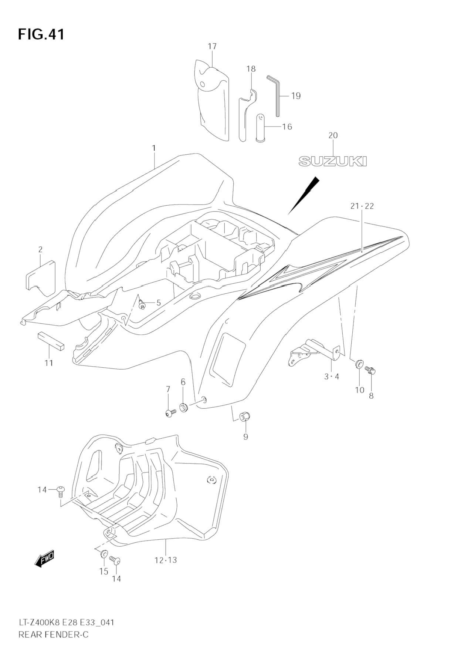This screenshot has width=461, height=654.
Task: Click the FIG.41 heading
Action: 41,34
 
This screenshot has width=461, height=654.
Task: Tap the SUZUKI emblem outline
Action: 332,161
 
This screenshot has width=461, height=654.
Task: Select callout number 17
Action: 212,47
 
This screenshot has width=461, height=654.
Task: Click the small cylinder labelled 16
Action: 261,127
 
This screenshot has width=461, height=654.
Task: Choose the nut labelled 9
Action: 244,417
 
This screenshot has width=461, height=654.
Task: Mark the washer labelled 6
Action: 183,408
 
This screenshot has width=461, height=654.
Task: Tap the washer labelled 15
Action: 104,554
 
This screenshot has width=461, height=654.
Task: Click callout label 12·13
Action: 166,560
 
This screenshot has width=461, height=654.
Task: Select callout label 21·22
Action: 362,206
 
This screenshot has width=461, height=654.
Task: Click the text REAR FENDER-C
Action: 53,635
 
